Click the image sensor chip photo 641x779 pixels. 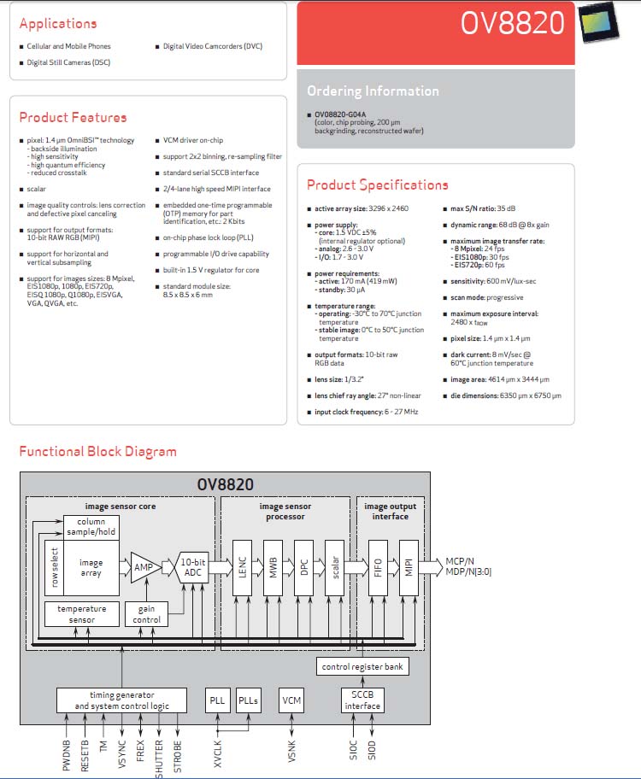(599, 22)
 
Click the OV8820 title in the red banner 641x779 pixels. (512, 23)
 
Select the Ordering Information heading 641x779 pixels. (373, 91)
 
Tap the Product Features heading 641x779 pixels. (74, 117)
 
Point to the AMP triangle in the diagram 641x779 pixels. (145, 567)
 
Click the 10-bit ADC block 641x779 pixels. (192, 567)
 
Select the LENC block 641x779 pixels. (242, 567)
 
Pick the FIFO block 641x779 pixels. (378, 567)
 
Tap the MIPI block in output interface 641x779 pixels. (409, 567)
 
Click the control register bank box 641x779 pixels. (362, 666)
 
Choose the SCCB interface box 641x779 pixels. (362, 700)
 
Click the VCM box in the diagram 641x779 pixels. (291, 700)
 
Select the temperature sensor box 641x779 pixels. (81, 614)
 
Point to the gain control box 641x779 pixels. (146, 614)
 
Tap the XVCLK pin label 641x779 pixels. (218, 753)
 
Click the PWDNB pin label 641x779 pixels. (66, 755)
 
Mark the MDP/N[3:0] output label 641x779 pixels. (468, 571)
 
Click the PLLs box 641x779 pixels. (248, 700)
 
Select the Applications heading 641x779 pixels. (58, 23)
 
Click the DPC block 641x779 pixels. (304, 567)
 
